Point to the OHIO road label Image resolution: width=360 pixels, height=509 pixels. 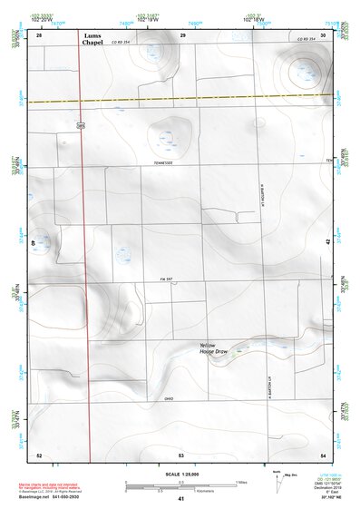coord(170,397)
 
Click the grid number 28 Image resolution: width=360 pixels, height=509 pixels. coord(39,34)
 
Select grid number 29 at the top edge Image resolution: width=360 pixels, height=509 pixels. coord(182,34)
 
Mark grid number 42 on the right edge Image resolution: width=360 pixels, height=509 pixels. coord(328,242)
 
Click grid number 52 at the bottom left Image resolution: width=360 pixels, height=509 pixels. coord(39,454)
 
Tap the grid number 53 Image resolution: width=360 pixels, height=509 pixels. coord(181,454)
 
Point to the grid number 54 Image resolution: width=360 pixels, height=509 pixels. coord(324,454)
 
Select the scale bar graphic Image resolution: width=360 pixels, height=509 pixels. coord(181,487)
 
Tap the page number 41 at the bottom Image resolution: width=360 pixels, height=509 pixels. coord(181,500)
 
